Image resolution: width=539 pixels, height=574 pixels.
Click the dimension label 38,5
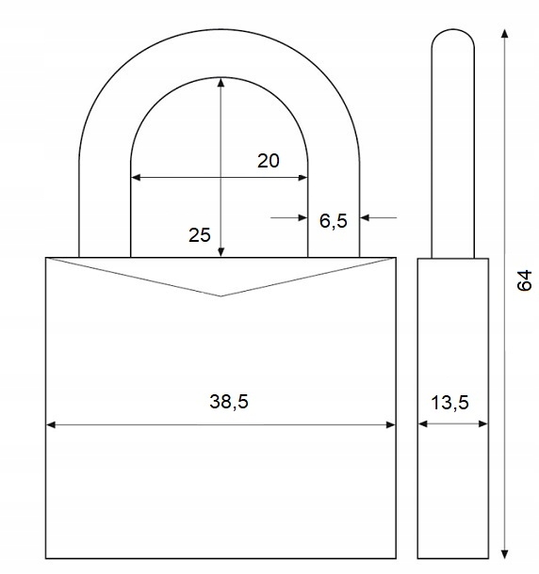[x=229, y=402]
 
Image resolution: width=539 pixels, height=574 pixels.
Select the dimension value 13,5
[x=449, y=403]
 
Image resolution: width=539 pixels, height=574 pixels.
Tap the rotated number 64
[x=524, y=280]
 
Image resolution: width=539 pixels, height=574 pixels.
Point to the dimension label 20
[x=268, y=161]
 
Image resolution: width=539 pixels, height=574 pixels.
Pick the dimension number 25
[x=200, y=235]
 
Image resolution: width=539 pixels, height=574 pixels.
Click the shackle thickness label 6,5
[x=333, y=221]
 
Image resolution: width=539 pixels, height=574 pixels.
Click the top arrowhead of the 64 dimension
[x=505, y=34]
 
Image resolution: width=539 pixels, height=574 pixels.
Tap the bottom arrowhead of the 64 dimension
[x=505, y=554]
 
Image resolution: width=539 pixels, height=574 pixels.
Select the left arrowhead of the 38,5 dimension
[x=51, y=424]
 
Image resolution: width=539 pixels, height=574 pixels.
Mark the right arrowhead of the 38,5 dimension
[x=391, y=424]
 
